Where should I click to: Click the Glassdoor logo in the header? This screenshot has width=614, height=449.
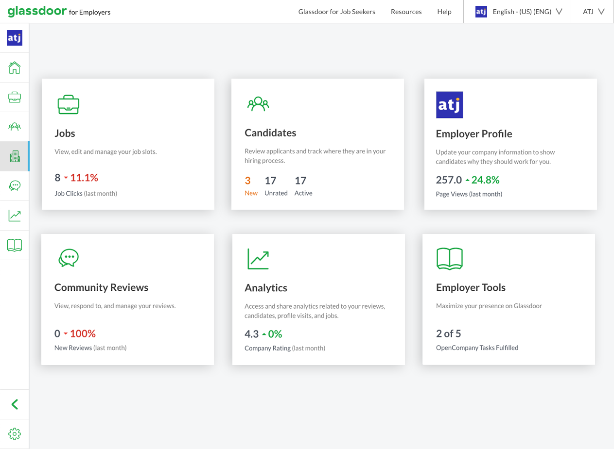[x=36, y=11]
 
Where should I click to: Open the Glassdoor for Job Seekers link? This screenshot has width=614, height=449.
[x=336, y=12]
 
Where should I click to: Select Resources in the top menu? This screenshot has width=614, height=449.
[x=406, y=12]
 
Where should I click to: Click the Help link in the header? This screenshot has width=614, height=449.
[x=444, y=12]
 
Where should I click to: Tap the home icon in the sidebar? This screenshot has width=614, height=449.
[x=15, y=67]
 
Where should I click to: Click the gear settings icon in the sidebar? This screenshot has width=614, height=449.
[x=15, y=433]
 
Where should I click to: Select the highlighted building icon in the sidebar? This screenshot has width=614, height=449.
[x=15, y=156]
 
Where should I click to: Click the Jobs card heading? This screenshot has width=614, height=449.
[x=65, y=133]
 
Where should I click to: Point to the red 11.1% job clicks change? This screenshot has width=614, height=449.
[x=84, y=178]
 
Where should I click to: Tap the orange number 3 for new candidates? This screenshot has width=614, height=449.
[x=247, y=181]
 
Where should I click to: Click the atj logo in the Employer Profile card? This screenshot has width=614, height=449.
[x=449, y=105]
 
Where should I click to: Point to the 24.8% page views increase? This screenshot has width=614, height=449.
[x=485, y=180]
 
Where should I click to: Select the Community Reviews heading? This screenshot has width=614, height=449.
[x=101, y=287]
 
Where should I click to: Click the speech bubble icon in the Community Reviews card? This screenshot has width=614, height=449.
[x=69, y=258]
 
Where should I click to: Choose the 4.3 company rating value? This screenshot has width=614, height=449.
[x=251, y=334]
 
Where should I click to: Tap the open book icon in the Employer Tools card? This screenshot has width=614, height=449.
[x=449, y=258]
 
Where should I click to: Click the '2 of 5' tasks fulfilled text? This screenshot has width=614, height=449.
[x=448, y=333]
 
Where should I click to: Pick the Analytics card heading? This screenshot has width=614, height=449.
[x=265, y=288]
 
